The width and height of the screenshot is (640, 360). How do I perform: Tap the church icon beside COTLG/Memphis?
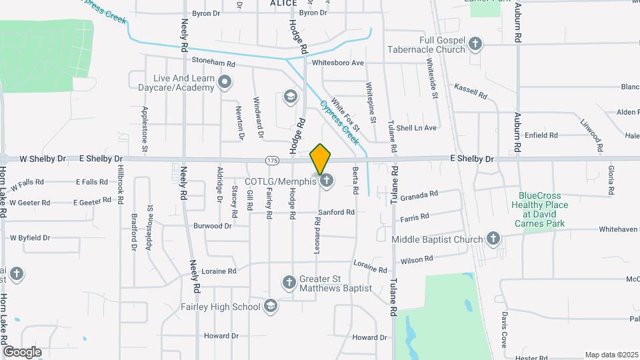pos(327,180)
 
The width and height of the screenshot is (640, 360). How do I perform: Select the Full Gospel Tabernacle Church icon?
pos(475,45)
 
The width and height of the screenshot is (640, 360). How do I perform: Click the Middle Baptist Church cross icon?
pos(493,239)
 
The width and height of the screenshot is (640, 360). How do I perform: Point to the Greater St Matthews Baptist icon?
pos(289,283)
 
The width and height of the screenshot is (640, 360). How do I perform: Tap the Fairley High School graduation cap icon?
pos(270,307)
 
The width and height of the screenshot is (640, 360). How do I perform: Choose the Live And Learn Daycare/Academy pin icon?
pos(225,83)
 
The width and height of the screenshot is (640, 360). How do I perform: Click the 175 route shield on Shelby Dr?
pos(272,160)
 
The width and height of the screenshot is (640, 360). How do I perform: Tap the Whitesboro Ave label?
pos(338,63)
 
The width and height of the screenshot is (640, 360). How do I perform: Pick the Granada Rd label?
pos(420,195)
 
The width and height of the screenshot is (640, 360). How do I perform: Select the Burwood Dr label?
pos(212,226)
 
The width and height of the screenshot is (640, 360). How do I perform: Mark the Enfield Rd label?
pos(541,135)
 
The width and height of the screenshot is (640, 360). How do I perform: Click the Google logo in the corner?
pos(22,351)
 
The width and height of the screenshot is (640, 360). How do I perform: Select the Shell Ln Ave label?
pos(416,127)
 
